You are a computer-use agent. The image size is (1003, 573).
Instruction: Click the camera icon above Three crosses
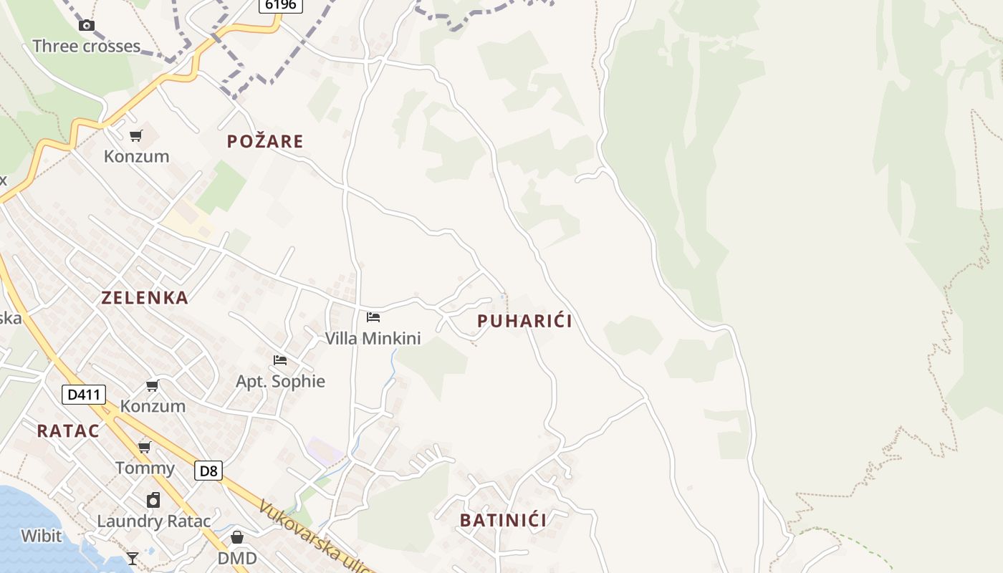click(87, 26)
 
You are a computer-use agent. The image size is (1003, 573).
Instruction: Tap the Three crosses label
click(87, 47)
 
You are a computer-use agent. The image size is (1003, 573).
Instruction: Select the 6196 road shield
click(280, 5)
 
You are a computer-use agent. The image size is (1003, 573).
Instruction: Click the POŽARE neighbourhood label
click(265, 142)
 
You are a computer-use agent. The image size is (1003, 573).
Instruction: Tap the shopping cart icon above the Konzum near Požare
click(136, 136)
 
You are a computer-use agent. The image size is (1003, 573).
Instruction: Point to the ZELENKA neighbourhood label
click(145, 298)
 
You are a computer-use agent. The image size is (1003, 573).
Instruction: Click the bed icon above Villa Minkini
click(373, 317)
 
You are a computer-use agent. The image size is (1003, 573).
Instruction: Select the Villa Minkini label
click(373, 338)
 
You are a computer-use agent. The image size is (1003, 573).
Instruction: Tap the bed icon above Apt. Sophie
click(280, 360)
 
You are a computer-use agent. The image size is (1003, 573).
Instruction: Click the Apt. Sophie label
click(280, 381)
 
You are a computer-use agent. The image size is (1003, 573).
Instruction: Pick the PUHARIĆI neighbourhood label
click(524, 321)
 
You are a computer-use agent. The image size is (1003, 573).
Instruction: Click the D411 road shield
click(84, 395)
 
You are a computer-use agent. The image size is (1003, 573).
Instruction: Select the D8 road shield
click(208, 471)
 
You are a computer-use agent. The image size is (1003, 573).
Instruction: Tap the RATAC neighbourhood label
click(68, 431)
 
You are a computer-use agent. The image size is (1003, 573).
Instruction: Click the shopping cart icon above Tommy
click(145, 448)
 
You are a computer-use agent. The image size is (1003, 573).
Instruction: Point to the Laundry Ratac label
click(154, 521)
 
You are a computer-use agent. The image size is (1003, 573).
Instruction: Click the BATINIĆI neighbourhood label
click(503, 521)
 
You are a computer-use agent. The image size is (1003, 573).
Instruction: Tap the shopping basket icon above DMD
click(237, 537)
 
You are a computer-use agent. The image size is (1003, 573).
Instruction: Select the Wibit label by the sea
click(41, 536)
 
